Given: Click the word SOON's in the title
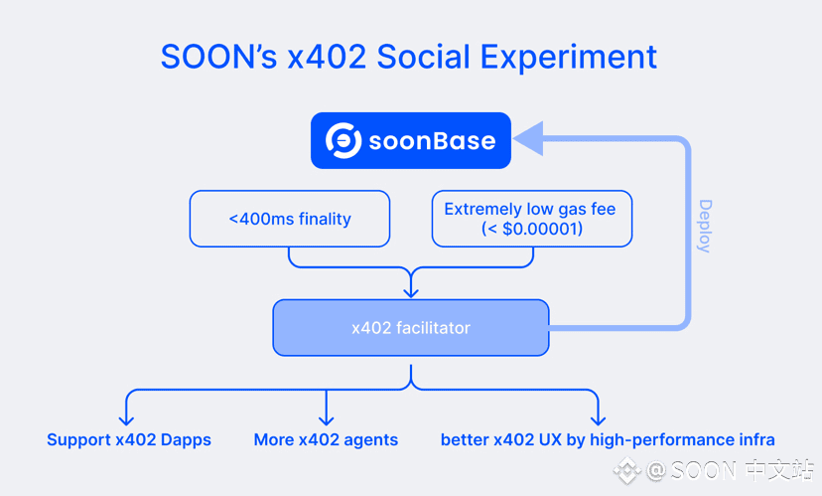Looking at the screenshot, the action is [x=218, y=57].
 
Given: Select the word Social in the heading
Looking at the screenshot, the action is [x=424, y=57].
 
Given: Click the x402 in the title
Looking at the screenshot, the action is [x=328, y=57].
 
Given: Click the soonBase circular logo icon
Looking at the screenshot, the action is [x=343, y=141].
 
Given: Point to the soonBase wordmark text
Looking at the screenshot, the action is [x=432, y=141].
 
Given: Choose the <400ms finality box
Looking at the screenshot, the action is [x=290, y=219].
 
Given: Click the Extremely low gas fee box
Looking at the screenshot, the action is [x=532, y=219].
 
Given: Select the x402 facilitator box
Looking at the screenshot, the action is [x=411, y=327].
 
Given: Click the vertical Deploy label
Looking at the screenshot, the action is [x=706, y=227].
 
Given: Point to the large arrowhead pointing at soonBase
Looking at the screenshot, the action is [x=528, y=138].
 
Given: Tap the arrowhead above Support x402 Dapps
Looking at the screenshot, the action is [x=126, y=419].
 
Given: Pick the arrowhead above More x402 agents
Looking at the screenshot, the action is [x=326, y=419].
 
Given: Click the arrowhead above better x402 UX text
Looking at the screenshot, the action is [x=599, y=419].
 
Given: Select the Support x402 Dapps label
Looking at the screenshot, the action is [x=129, y=439].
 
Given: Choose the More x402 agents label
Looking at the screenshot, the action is [x=326, y=439].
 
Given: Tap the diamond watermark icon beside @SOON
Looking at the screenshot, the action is [x=627, y=471].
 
